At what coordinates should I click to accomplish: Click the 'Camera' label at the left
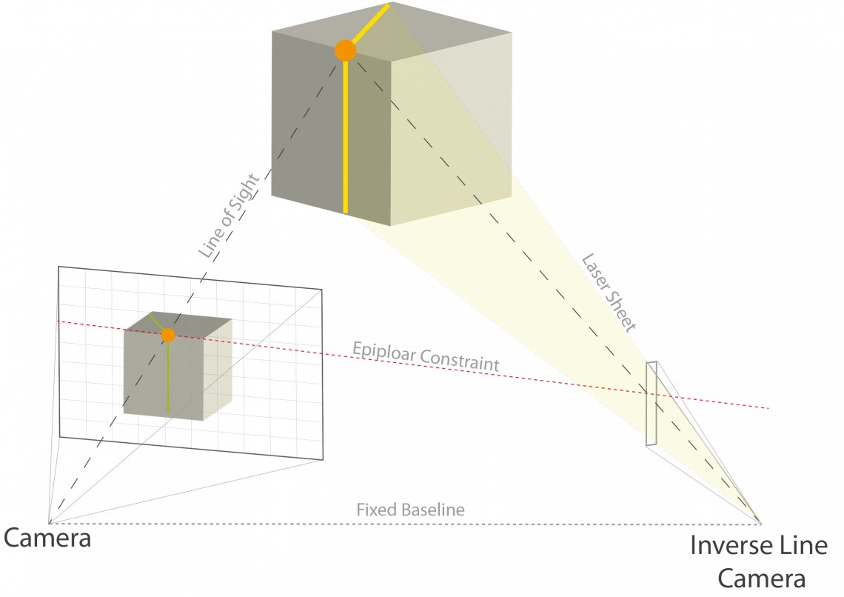point(47,538)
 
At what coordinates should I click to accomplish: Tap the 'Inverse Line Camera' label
point(758,561)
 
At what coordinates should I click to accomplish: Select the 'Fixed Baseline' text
point(410,510)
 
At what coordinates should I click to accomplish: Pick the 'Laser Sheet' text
point(609,293)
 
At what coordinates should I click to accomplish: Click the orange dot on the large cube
point(345,50)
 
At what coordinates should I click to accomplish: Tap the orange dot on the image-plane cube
point(168,335)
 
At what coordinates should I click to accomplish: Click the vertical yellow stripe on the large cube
point(345,141)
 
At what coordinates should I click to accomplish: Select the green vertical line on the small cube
point(168,378)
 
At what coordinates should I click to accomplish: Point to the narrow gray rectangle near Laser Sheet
point(652,404)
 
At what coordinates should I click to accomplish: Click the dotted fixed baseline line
point(222,523)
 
